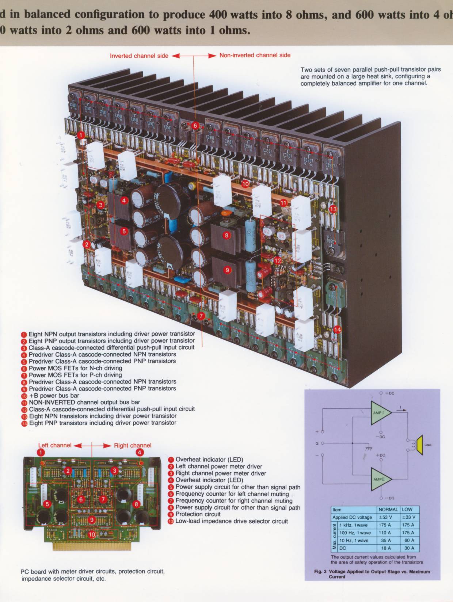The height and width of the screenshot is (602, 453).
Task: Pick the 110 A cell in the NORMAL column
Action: pyautogui.click(x=385, y=533)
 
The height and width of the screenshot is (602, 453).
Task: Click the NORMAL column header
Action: pyautogui.click(x=388, y=510)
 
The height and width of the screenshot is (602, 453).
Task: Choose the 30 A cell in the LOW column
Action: pyautogui.click(x=409, y=548)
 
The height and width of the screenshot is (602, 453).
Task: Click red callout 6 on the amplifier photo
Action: pyautogui.click(x=195, y=126)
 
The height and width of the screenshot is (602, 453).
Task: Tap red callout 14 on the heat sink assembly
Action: pyautogui.click(x=337, y=330)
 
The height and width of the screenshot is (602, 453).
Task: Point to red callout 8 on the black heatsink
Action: pyautogui.click(x=226, y=235)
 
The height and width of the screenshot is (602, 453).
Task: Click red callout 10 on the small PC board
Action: pyautogui.click(x=92, y=535)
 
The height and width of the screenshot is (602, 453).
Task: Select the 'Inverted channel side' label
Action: pyautogui.click(x=139, y=56)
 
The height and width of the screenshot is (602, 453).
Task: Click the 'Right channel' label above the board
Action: pyautogui.click(x=132, y=445)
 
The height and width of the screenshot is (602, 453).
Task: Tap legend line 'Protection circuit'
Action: pyautogui.click(x=198, y=514)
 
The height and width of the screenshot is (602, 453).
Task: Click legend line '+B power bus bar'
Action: pyautogui.click(x=54, y=396)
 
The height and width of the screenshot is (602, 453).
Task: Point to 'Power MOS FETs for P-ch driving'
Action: pyautogui.click(x=75, y=375)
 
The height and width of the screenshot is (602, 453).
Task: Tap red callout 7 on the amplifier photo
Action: pyautogui.click(x=201, y=315)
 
